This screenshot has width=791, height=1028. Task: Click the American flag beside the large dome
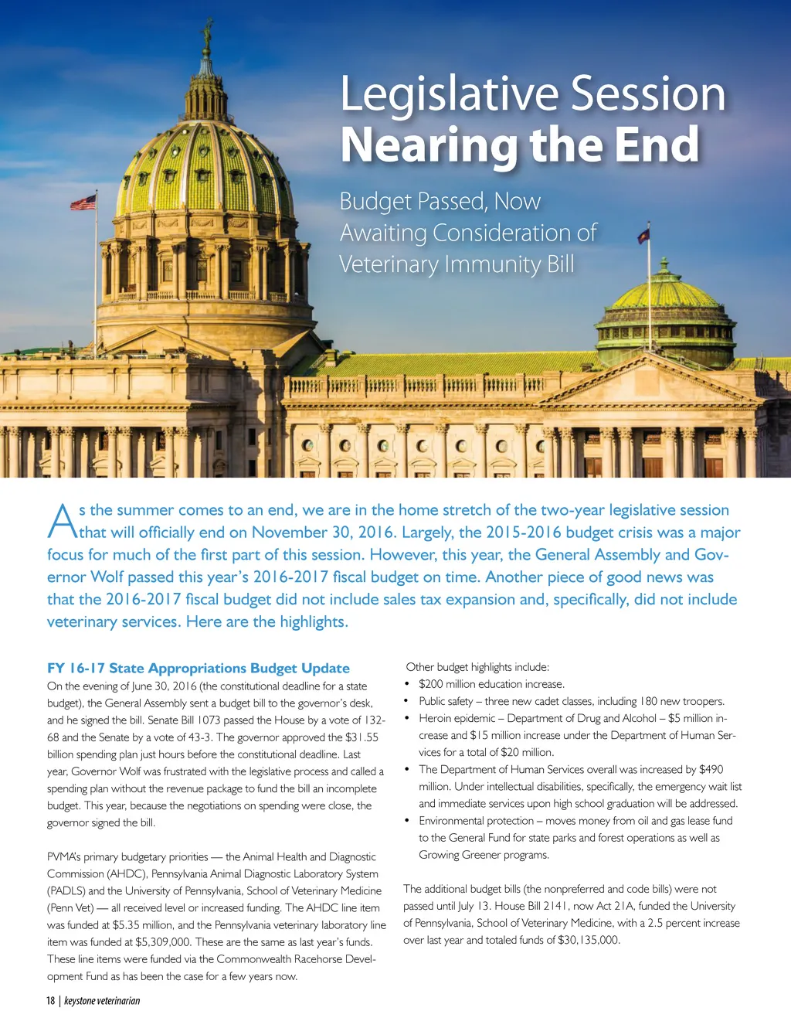[84, 203]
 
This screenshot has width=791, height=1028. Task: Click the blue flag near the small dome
[643, 235]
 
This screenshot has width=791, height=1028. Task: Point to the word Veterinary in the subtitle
[389, 264]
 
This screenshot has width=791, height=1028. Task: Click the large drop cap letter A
[62, 522]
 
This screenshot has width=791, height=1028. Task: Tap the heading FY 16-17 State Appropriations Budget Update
[199, 668]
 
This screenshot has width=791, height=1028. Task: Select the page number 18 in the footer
[50, 1001]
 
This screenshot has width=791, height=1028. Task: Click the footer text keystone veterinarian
[102, 1001]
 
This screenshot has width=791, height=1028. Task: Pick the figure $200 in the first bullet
[432, 684]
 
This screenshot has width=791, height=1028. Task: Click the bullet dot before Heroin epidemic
[407, 718]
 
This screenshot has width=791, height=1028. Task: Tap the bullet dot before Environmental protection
[407, 821]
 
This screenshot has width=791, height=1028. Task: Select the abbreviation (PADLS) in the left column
[66, 890]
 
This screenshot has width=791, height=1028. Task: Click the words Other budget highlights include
[477, 667]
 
